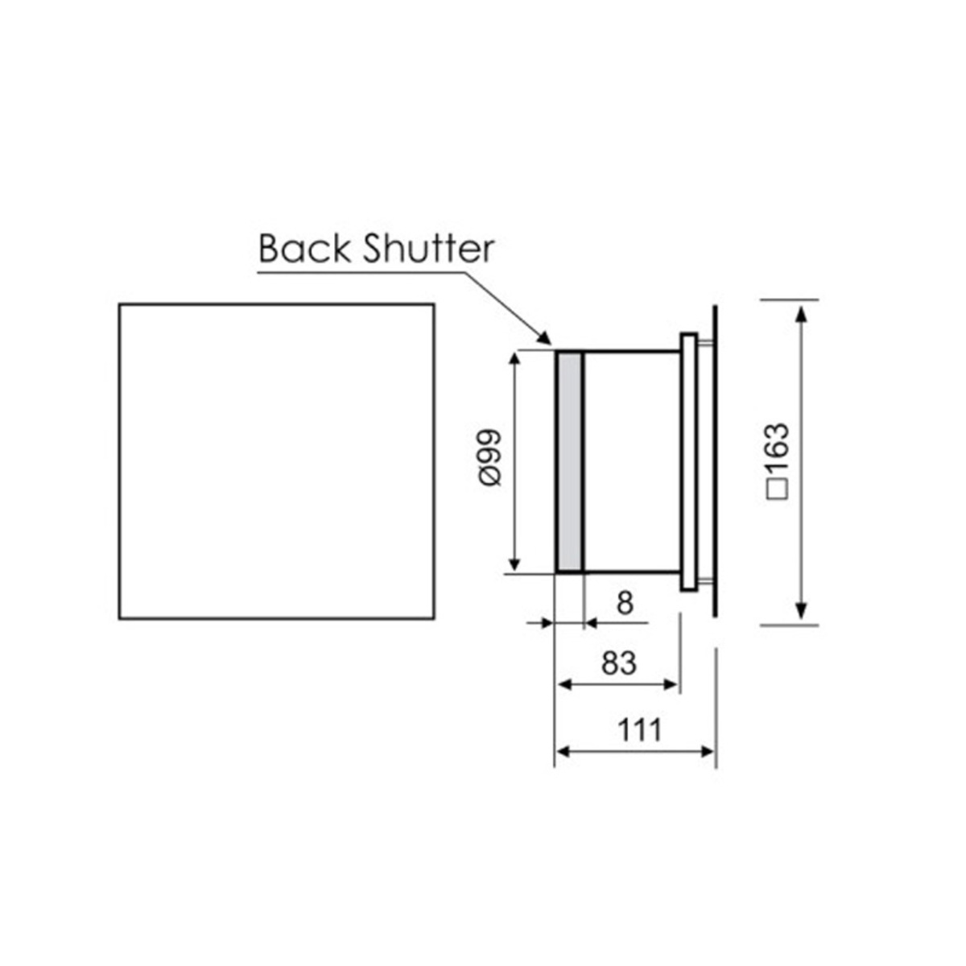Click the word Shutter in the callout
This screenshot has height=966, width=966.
coord(427,249)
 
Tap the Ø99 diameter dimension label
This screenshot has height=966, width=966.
coord(489,456)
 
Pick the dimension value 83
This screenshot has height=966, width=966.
coord(618,663)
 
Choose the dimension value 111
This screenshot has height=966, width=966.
coord(639,730)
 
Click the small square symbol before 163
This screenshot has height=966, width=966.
coord(779,490)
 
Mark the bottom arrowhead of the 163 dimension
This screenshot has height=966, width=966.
coord(801,613)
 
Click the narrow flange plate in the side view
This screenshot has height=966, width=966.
coord(689,462)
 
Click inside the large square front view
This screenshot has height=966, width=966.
coord(277,461)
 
